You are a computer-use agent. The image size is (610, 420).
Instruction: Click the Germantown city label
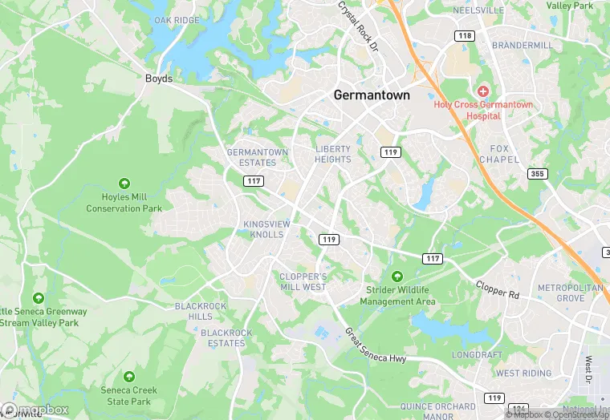click(372, 95)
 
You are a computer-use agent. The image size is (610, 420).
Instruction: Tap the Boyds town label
click(158, 79)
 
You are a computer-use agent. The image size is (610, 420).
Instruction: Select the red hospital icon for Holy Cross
click(483, 91)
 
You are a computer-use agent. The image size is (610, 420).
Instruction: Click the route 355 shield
click(537, 174)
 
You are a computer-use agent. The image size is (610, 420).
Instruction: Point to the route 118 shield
click(463, 36)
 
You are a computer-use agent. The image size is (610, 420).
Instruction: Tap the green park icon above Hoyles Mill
click(124, 184)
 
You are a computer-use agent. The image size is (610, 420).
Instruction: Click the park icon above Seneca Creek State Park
click(128, 376)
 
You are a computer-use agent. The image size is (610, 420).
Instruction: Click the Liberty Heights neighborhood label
click(333, 154)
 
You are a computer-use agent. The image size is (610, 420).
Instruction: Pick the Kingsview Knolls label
click(263, 229)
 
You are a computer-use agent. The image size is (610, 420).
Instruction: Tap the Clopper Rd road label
click(498, 289)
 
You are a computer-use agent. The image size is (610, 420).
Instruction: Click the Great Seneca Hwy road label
click(376, 346)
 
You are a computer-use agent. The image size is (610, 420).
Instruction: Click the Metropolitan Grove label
click(570, 293)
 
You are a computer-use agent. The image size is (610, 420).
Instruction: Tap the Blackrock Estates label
click(226, 338)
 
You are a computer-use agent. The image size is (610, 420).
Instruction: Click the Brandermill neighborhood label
click(522, 46)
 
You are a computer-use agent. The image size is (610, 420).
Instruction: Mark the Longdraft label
click(477, 354)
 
